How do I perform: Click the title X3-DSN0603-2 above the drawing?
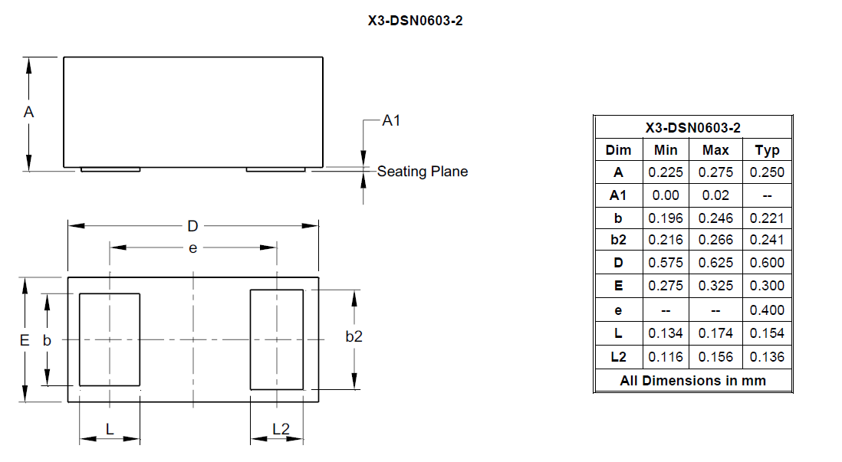415,21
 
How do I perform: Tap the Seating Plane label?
423,171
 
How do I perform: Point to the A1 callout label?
391,121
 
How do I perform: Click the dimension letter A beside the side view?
29,112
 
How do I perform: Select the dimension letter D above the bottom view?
192,227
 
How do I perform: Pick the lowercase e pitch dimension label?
192,248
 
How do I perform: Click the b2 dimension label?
354,336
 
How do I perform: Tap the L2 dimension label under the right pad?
281,429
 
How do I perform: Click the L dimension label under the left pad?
110,429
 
